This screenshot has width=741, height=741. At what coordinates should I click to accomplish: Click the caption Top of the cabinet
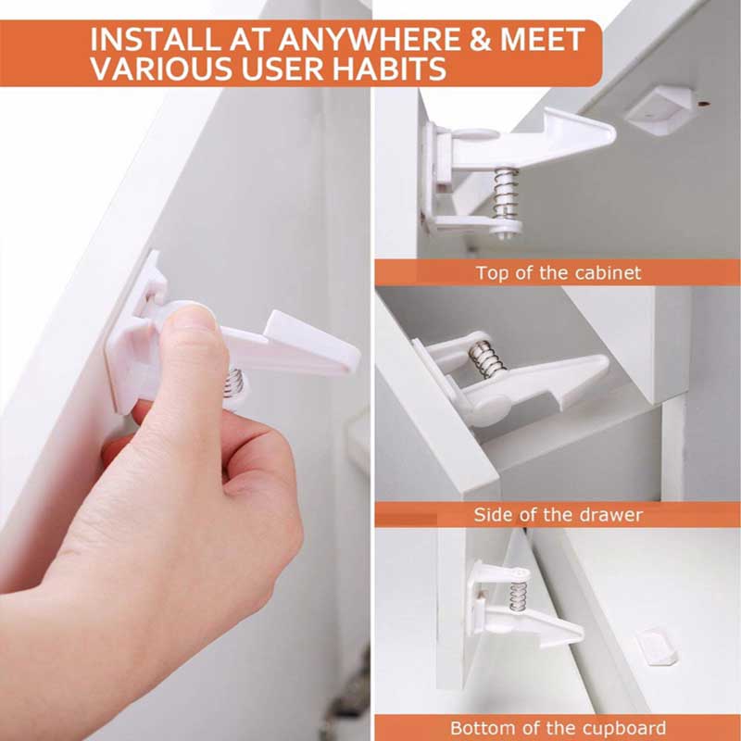(x=558, y=273)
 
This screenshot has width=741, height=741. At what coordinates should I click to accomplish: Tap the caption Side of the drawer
(x=558, y=515)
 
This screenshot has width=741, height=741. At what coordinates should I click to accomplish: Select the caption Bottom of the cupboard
(x=558, y=728)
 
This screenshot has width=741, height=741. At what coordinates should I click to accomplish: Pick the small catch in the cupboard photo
(x=655, y=646)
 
